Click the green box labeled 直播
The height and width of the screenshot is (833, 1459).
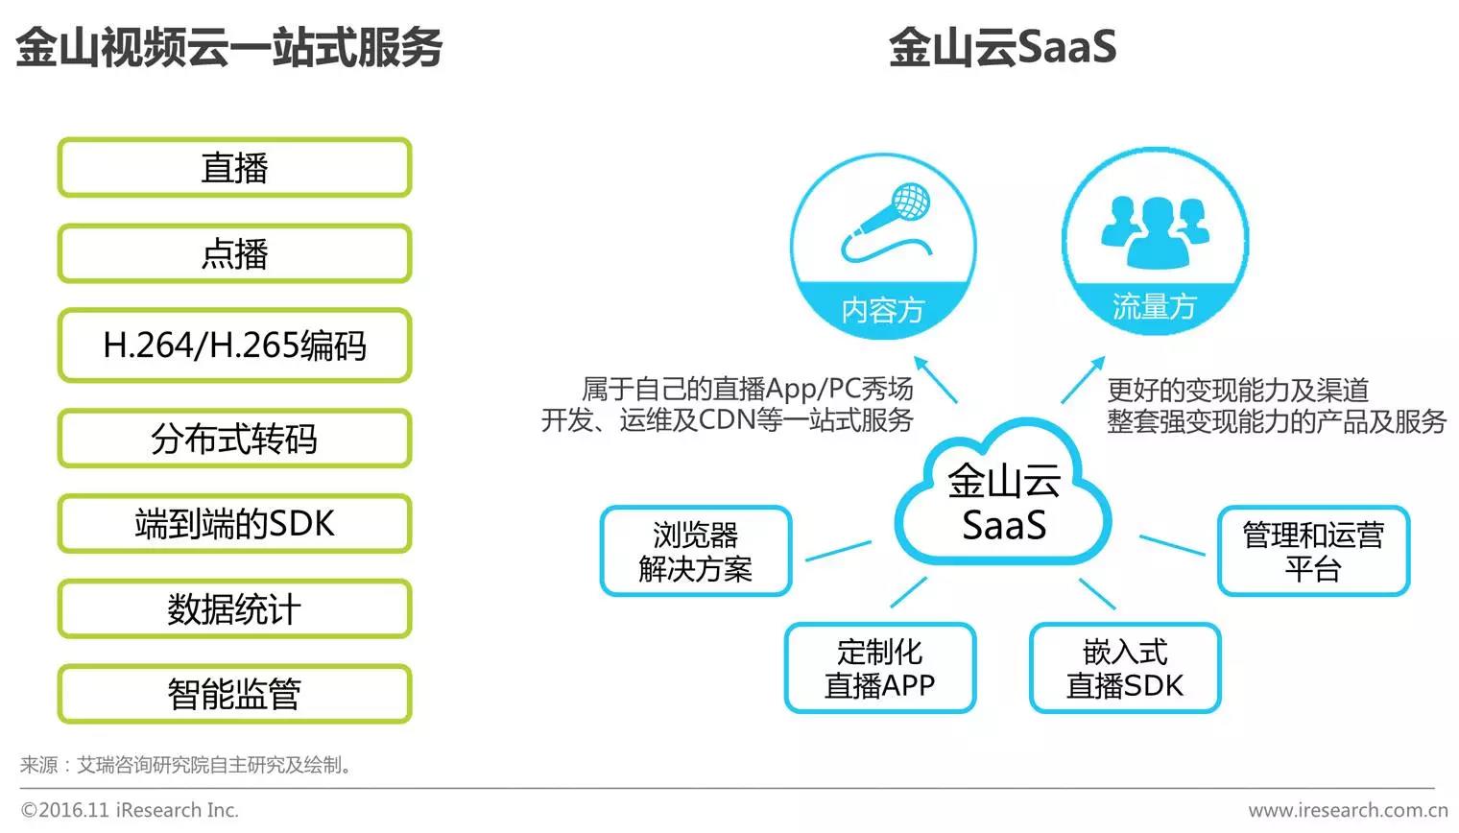pos(234,168)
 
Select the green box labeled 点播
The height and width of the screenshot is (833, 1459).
pos(234,253)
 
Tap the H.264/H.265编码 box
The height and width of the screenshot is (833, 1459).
pos(234,345)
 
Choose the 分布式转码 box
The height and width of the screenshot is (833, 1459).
pos(234,439)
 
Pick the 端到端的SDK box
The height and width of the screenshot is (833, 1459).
pos(234,524)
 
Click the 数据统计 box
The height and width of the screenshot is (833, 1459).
pos(234,608)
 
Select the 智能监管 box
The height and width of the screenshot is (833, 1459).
pos(234,694)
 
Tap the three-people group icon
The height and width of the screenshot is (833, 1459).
pos(1155,230)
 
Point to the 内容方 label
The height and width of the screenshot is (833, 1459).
pos(883,309)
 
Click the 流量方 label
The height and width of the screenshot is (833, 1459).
pos(1155,306)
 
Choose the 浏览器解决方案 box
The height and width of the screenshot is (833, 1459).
pos(696,552)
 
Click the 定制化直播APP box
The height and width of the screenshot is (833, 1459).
pos(880,668)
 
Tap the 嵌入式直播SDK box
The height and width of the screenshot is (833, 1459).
pos(1125,668)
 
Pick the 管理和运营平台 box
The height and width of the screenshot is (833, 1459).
pos(1313,552)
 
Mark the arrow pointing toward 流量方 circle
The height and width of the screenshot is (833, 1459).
pos(1083,380)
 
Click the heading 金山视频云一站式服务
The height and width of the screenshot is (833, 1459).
pos(228,47)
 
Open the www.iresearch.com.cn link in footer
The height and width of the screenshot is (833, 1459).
pos(1348,810)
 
